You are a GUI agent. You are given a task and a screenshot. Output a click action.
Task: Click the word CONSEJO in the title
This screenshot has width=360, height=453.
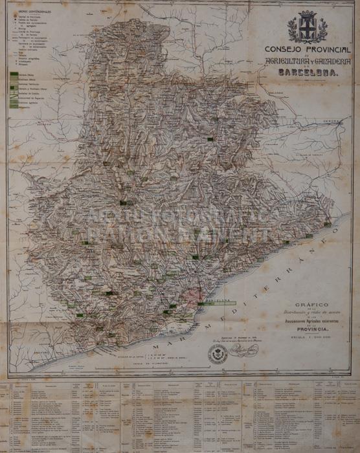281,49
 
